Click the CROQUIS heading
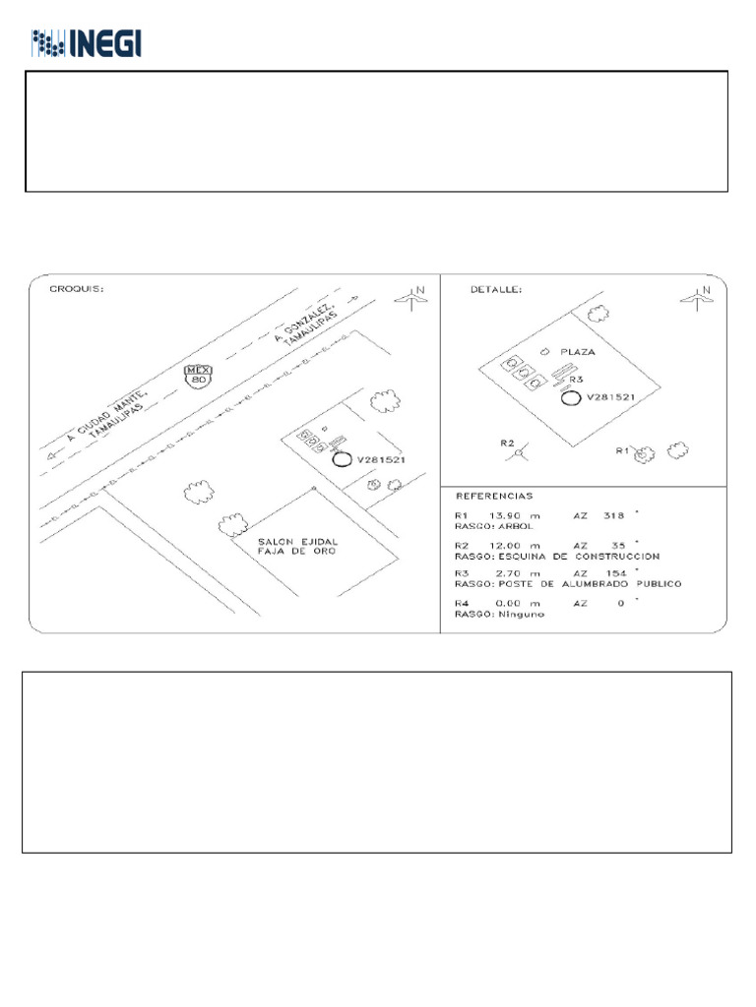click(x=77, y=290)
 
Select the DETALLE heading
click(x=497, y=290)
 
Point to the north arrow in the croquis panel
click(x=411, y=297)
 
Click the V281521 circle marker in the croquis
click(x=342, y=459)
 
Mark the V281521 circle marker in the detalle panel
click(x=569, y=397)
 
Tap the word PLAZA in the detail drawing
click(x=579, y=351)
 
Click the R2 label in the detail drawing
click(x=508, y=444)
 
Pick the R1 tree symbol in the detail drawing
click(x=645, y=454)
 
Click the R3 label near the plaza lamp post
click(x=577, y=379)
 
